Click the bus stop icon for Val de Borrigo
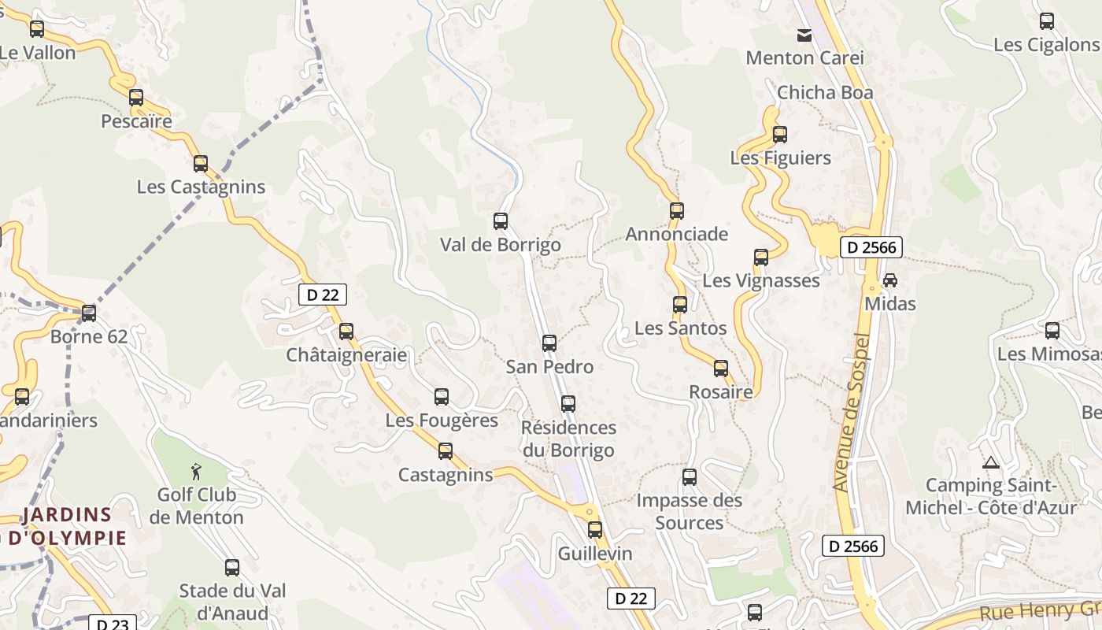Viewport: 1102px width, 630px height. [500, 221]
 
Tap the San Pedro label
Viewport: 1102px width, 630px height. [549, 366]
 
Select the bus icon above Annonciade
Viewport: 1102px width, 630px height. [676, 210]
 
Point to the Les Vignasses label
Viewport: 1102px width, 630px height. [760, 280]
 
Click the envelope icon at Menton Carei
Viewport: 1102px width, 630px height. [804, 35]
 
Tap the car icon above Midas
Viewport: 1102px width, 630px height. [890, 280]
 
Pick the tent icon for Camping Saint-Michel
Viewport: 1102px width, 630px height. [990, 462]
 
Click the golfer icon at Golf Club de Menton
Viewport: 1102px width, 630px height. [196, 472]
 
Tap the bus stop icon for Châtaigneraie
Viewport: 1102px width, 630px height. [346, 331]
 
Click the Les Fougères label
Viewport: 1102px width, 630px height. [442, 421]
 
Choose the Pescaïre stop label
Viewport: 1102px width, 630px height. [136, 121]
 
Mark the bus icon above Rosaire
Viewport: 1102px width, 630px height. [720, 368]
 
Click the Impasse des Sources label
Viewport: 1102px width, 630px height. [689, 511]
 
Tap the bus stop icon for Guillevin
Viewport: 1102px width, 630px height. [594, 529]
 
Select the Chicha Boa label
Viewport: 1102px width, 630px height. [825, 92]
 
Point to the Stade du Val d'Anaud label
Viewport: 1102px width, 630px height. [232, 602]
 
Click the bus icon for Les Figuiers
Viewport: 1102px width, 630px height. [779, 134]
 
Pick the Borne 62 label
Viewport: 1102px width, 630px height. [88, 337]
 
